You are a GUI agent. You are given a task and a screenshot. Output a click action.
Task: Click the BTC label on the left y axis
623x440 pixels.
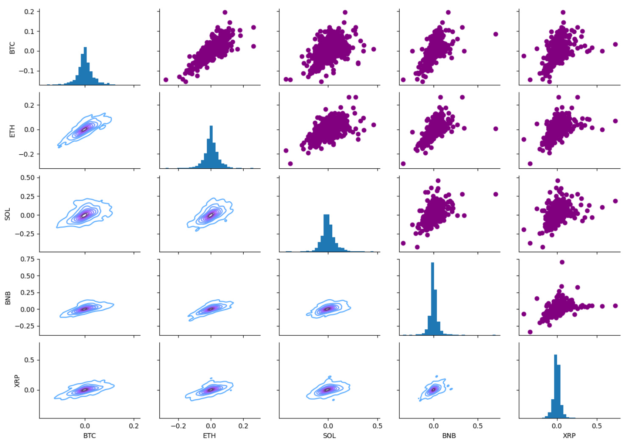point(12,47)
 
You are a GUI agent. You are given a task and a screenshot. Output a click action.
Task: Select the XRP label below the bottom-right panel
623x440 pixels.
point(569,435)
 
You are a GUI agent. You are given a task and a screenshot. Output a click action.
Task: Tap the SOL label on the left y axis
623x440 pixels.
point(7,214)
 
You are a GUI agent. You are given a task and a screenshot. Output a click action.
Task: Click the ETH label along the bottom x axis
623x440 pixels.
point(209,435)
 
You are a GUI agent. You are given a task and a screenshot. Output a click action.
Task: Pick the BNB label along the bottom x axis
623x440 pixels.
point(449,435)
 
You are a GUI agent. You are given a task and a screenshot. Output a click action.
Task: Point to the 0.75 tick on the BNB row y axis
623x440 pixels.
point(28,259)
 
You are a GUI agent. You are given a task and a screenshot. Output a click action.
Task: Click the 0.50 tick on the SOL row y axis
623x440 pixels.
point(28,178)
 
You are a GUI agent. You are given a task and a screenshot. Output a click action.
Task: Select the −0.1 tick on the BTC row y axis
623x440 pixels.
point(26,71)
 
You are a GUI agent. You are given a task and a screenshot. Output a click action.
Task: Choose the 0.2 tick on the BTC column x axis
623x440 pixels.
point(134,426)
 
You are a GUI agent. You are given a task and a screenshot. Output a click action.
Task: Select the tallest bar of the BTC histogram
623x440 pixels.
point(85,66)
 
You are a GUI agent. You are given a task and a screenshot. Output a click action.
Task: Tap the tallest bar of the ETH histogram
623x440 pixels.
point(211,146)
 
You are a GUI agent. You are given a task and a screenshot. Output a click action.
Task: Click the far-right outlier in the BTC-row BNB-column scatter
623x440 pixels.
point(495,34)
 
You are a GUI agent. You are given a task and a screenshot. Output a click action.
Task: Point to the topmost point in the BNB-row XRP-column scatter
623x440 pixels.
point(562,262)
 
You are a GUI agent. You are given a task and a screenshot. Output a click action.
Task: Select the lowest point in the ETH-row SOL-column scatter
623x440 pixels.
point(290,164)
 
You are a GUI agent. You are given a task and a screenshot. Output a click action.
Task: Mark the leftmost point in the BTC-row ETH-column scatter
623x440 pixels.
point(166,80)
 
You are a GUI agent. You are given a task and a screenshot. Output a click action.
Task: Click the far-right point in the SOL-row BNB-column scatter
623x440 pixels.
point(495,194)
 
